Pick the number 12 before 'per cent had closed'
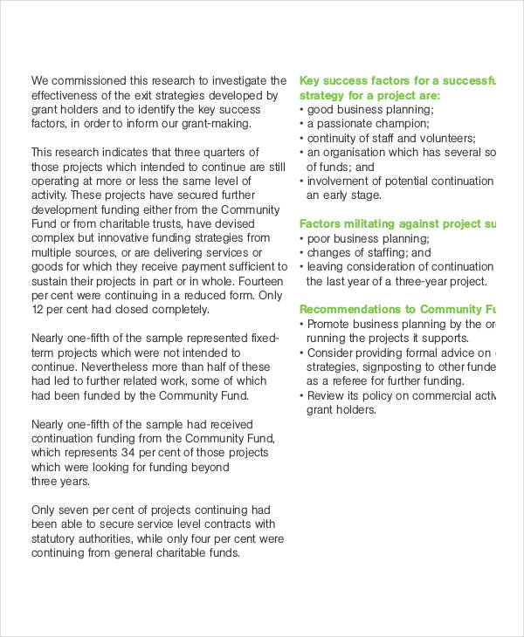(38, 309)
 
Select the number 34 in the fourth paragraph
(128, 452)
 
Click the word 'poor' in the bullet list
(319, 238)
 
